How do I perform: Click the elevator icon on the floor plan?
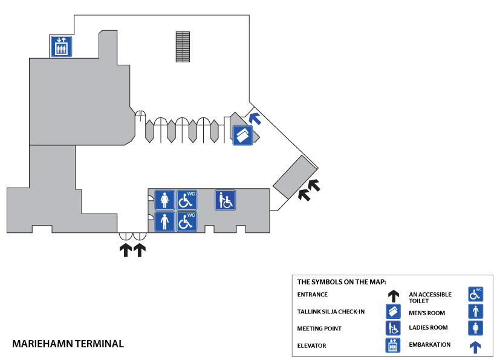click(x=60, y=46)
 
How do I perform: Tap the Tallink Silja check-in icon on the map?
click(x=243, y=136)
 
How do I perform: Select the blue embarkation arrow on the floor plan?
click(x=255, y=119)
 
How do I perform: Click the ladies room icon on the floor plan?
click(x=164, y=200)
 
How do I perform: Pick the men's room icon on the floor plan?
click(x=164, y=221)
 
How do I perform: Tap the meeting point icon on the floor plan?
click(x=225, y=200)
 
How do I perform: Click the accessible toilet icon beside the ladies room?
click(x=186, y=200)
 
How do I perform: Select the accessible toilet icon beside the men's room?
click(x=186, y=221)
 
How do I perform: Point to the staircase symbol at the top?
click(x=182, y=46)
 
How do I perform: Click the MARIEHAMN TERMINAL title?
click(x=68, y=344)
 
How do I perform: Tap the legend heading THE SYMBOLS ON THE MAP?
click(x=341, y=281)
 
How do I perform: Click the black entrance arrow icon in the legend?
click(x=393, y=295)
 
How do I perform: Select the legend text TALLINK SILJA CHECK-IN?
click(x=331, y=312)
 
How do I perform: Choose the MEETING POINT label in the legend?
click(x=319, y=329)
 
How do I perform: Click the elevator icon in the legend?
click(x=393, y=345)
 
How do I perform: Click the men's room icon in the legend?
click(x=476, y=312)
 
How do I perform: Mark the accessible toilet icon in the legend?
click(x=476, y=295)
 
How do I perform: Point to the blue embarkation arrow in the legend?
click(x=476, y=347)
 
